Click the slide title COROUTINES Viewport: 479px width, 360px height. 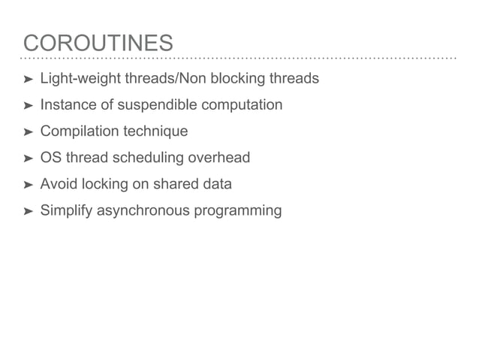coord(98,43)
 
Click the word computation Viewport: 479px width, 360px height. coord(241,104)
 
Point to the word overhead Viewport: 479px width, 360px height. coord(219,158)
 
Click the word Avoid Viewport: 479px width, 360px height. coord(58,184)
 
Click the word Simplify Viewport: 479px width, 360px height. coord(66,210)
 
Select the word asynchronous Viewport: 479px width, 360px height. coord(143,210)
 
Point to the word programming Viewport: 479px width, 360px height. coord(238,210)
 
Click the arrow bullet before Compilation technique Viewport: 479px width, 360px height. coord(28,132)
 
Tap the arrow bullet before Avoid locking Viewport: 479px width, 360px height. coord(28,185)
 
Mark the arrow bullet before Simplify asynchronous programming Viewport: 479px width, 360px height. coord(28,211)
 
